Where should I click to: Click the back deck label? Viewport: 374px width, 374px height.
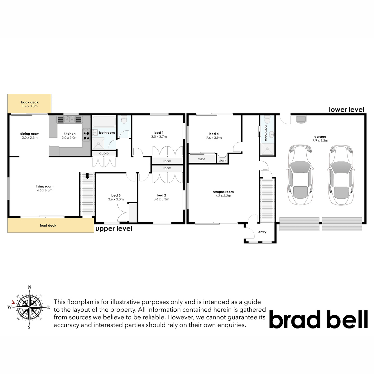30,102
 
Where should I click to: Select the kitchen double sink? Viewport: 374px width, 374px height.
70,120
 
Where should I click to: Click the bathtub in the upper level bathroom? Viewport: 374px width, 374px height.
104,122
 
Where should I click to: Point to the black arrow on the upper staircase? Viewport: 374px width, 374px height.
87,176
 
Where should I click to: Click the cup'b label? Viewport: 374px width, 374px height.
104,153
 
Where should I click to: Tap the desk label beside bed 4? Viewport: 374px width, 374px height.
223,161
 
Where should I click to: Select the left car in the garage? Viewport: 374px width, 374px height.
300,175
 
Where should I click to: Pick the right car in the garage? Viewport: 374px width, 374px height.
341,175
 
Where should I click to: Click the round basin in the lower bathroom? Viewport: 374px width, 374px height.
272,133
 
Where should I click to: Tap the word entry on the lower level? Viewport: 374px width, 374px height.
262,232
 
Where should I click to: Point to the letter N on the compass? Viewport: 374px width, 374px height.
30,287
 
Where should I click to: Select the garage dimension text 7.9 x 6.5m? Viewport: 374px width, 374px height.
320,141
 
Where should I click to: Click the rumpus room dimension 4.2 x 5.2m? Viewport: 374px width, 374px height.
223,196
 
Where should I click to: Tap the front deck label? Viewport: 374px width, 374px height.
48,226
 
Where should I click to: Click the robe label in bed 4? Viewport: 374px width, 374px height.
201,159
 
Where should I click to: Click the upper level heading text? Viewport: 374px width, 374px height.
114,229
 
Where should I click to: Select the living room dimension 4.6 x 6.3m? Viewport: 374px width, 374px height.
45,190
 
